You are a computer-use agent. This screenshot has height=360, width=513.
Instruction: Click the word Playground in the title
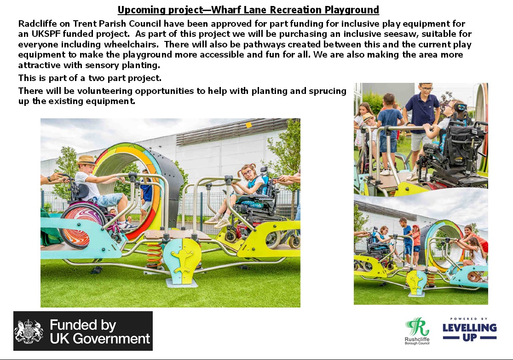pyautogui.click(x=352, y=10)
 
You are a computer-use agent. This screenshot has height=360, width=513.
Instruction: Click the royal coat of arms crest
pyautogui.click(x=29, y=331)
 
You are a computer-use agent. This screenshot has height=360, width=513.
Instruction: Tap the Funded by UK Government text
pyautogui.click(x=100, y=331)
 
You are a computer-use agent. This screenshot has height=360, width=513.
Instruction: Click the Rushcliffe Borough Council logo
pyautogui.click(x=417, y=331)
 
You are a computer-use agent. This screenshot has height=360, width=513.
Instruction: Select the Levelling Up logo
pyautogui.click(x=469, y=330)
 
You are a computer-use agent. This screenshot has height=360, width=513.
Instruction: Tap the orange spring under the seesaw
pyautogui.click(x=154, y=254)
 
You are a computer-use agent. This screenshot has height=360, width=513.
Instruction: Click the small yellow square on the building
pyautogui.click(x=248, y=125)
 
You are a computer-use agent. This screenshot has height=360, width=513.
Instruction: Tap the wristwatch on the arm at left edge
pyautogui.click(x=49, y=179)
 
